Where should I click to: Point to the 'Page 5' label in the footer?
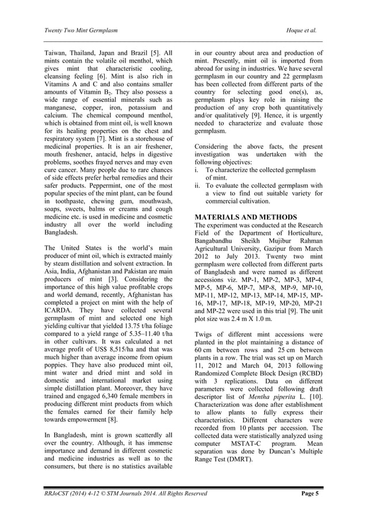click(x=311, y=493)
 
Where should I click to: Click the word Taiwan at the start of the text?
click(x=56, y=53)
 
